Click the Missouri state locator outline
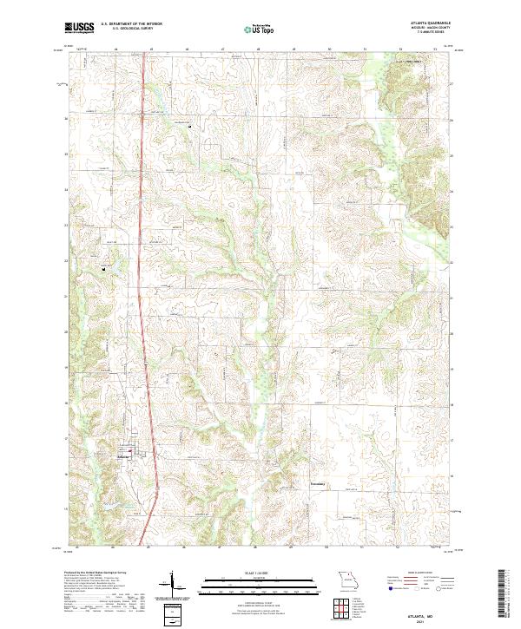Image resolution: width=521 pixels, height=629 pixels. [x=347, y=579]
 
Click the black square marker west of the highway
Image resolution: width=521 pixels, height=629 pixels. [x=105, y=269]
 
